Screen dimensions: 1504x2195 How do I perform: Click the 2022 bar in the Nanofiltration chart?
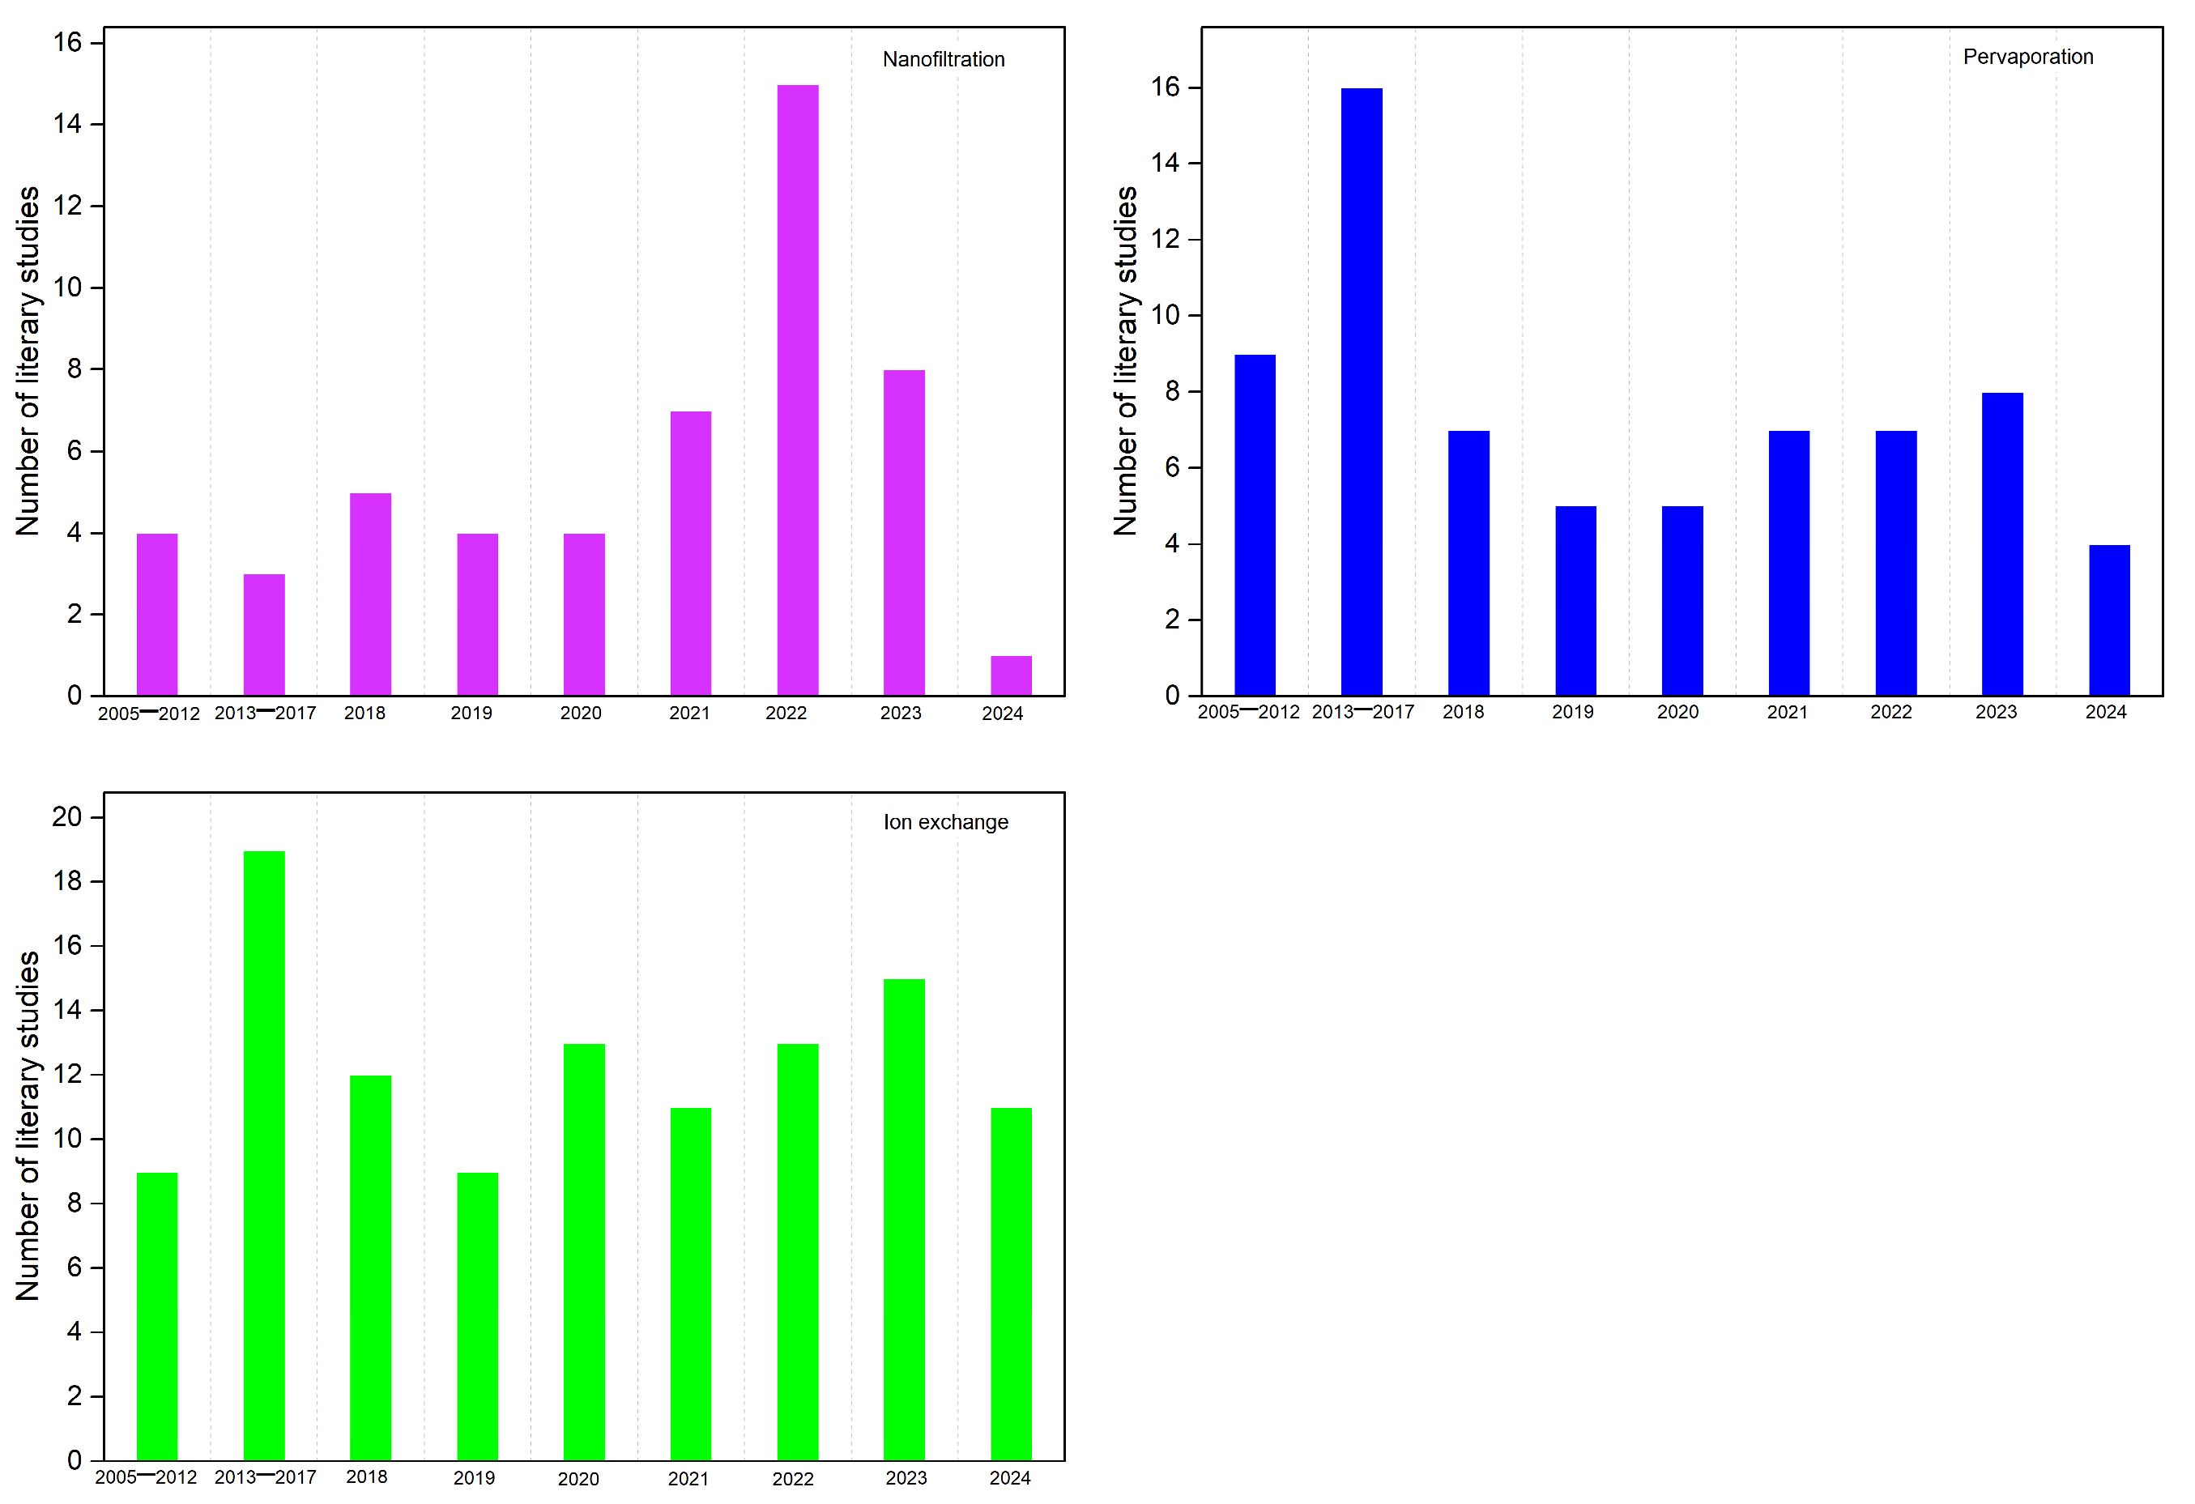[797, 390]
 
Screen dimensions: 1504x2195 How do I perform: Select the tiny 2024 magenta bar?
[1011, 675]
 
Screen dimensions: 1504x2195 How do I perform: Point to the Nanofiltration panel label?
[943, 59]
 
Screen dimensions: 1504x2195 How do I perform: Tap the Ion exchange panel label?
[944, 822]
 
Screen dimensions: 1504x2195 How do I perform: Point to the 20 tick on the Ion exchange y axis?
[67, 816]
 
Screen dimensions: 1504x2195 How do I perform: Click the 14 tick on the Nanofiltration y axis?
[67, 124]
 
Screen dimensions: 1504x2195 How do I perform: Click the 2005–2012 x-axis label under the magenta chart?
[148, 714]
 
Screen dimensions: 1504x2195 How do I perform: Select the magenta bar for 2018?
[370, 594]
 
